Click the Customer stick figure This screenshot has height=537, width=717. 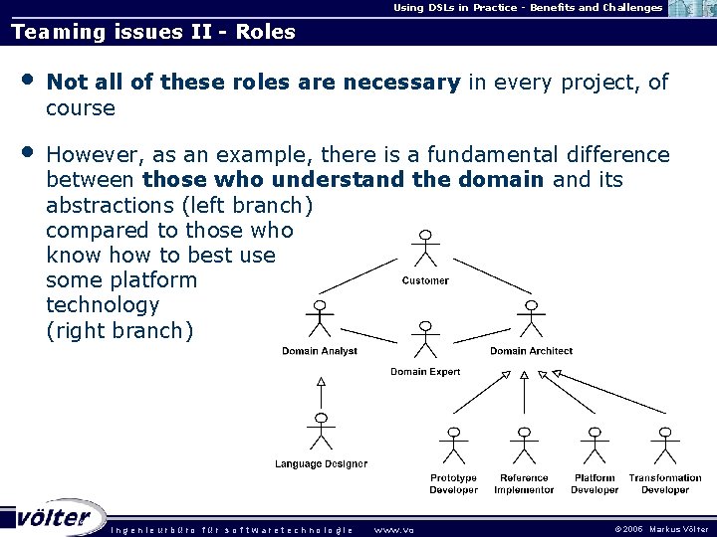(425, 251)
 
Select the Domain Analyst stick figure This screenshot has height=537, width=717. (320, 320)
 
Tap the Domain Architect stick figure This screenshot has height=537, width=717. (531, 320)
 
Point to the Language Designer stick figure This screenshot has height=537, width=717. (321, 432)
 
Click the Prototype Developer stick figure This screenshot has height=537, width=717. (454, 447)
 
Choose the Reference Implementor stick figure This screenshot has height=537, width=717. (524, 447)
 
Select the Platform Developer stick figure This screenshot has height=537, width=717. (595, 447)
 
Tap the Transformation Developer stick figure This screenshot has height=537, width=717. (664, 447)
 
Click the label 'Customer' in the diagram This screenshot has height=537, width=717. (425, 281)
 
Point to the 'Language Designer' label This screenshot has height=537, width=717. (321, 463)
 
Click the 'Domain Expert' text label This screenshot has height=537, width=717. (425, 372)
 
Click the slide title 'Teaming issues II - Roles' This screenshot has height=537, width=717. (153, 32)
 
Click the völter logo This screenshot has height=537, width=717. (55, 517)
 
